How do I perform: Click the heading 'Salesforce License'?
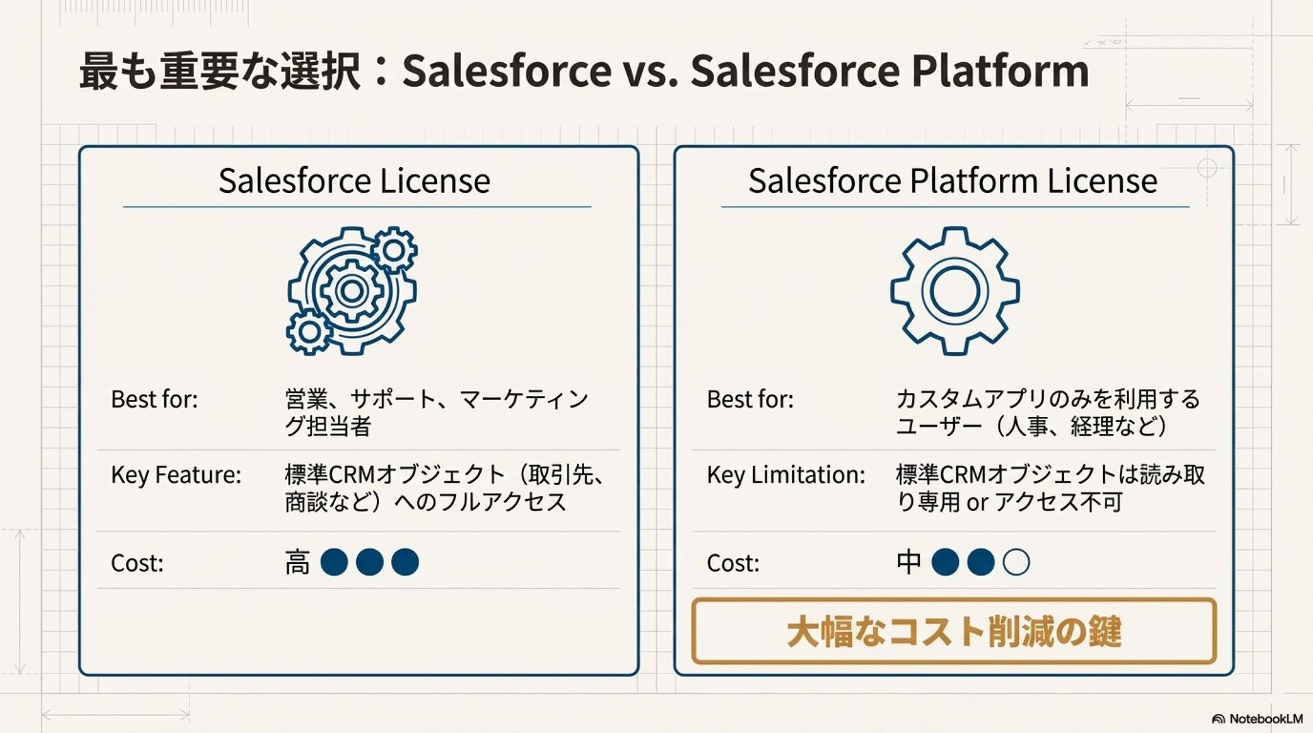354,181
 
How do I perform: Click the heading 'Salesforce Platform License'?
953,181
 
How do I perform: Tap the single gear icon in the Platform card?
955,291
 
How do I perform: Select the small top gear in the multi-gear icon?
394,250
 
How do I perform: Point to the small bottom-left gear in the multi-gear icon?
309,332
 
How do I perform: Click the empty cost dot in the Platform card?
1016,562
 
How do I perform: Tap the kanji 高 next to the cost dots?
297,563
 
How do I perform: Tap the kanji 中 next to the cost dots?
909,562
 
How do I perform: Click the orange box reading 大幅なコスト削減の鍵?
953,630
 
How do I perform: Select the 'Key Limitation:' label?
786,475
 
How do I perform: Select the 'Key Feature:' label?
176,475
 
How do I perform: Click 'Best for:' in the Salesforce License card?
154,399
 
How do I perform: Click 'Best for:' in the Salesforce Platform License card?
750,399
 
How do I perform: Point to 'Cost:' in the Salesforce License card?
137,563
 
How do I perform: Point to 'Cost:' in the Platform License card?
732,563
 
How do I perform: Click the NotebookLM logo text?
1264,719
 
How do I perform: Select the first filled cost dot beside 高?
334,562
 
